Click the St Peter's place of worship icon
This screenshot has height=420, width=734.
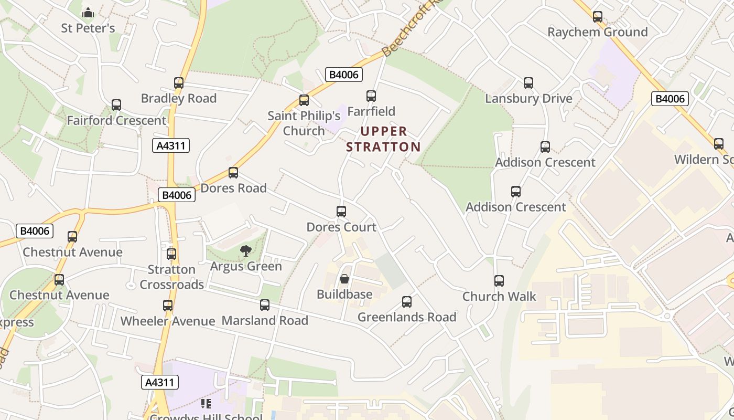click(x=88, y=12)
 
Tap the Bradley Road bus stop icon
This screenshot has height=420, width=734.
click(x=179, y=83)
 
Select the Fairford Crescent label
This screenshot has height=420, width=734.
click(x=116, y=120)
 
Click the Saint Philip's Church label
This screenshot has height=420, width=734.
click(x=304, y=123)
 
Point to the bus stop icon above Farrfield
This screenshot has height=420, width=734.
click(x=371, y=96)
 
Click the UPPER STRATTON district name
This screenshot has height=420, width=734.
click(x=383, y=139)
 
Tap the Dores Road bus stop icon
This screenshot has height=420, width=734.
click(x=233, y=173)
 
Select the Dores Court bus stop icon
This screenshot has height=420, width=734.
click(x=341, y=212)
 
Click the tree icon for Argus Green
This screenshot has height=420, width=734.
click(x=245, y=251)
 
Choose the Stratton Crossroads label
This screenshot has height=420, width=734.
click(x=171, y=277)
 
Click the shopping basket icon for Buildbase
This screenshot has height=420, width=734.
click(x=344, y=279)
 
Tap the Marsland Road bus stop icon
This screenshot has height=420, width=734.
click(x=265, y=305)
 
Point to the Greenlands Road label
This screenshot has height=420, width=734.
click(x=407, y=317)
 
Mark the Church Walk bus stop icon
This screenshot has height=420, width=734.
click(x=499, y=281)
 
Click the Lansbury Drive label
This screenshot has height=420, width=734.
click(x=528, y=98)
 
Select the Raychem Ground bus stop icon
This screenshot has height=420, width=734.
click(x=598, y=17)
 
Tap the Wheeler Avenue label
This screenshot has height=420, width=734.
click(x=168, y=321)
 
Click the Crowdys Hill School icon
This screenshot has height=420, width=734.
click(x=206, y=404)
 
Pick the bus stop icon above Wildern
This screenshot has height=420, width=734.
click(x=719, y=144)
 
